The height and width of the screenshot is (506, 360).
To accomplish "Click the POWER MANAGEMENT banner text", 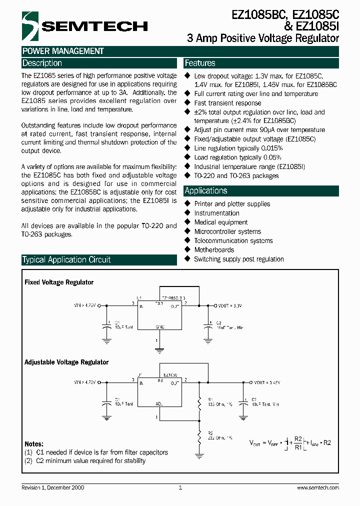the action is pos(63,51).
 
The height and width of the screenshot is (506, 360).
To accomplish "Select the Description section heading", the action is pos(42,63).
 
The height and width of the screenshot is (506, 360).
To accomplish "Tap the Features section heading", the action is pos(200,63).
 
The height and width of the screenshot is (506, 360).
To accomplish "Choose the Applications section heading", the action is pos(205,190).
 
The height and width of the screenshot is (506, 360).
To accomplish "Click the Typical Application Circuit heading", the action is pos(66,260).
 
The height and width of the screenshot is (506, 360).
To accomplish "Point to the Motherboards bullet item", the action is pos(214,250).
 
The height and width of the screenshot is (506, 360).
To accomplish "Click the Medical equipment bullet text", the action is pos(220,222).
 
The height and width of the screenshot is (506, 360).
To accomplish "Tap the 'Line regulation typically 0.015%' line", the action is pos(238,148).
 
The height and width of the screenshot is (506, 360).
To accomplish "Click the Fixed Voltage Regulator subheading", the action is pos(59,282).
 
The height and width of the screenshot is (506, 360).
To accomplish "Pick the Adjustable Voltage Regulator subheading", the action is pos(66,362).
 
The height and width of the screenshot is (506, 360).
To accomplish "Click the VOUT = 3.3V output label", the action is pos(230,304).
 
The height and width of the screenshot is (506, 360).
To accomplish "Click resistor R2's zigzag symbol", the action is pos(199,433).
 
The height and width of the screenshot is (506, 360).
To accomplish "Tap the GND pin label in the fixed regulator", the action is pos(160,325).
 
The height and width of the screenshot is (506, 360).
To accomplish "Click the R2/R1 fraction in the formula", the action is pos(298,443).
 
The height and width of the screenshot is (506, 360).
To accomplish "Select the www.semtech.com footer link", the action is pos(318,487).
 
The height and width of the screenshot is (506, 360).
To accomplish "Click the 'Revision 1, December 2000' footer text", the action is pos(53,487).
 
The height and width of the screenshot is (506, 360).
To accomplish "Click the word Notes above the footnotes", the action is pos(34,444).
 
